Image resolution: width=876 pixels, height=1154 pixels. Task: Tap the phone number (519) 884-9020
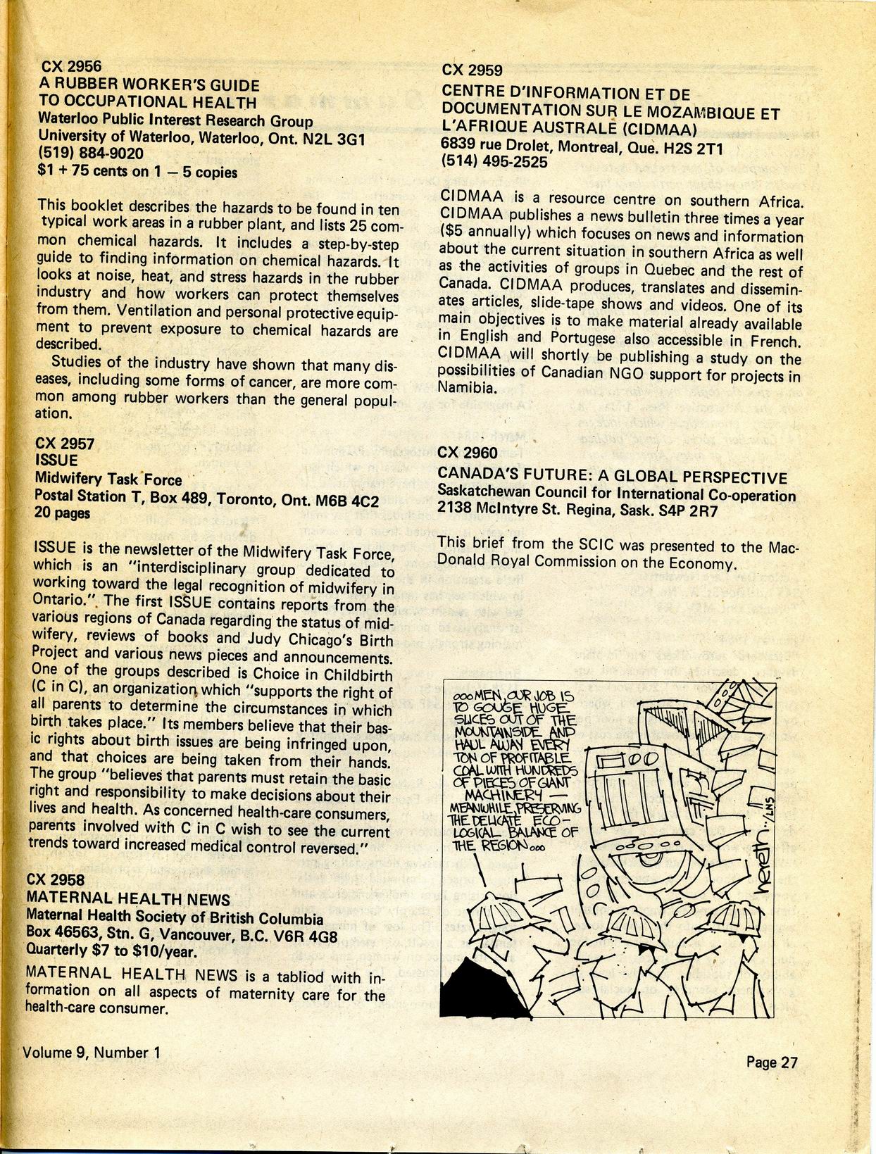90,153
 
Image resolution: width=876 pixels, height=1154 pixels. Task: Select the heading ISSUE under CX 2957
56,461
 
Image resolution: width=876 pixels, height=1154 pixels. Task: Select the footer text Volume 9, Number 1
92,1053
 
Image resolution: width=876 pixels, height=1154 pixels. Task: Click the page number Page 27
772,1062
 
